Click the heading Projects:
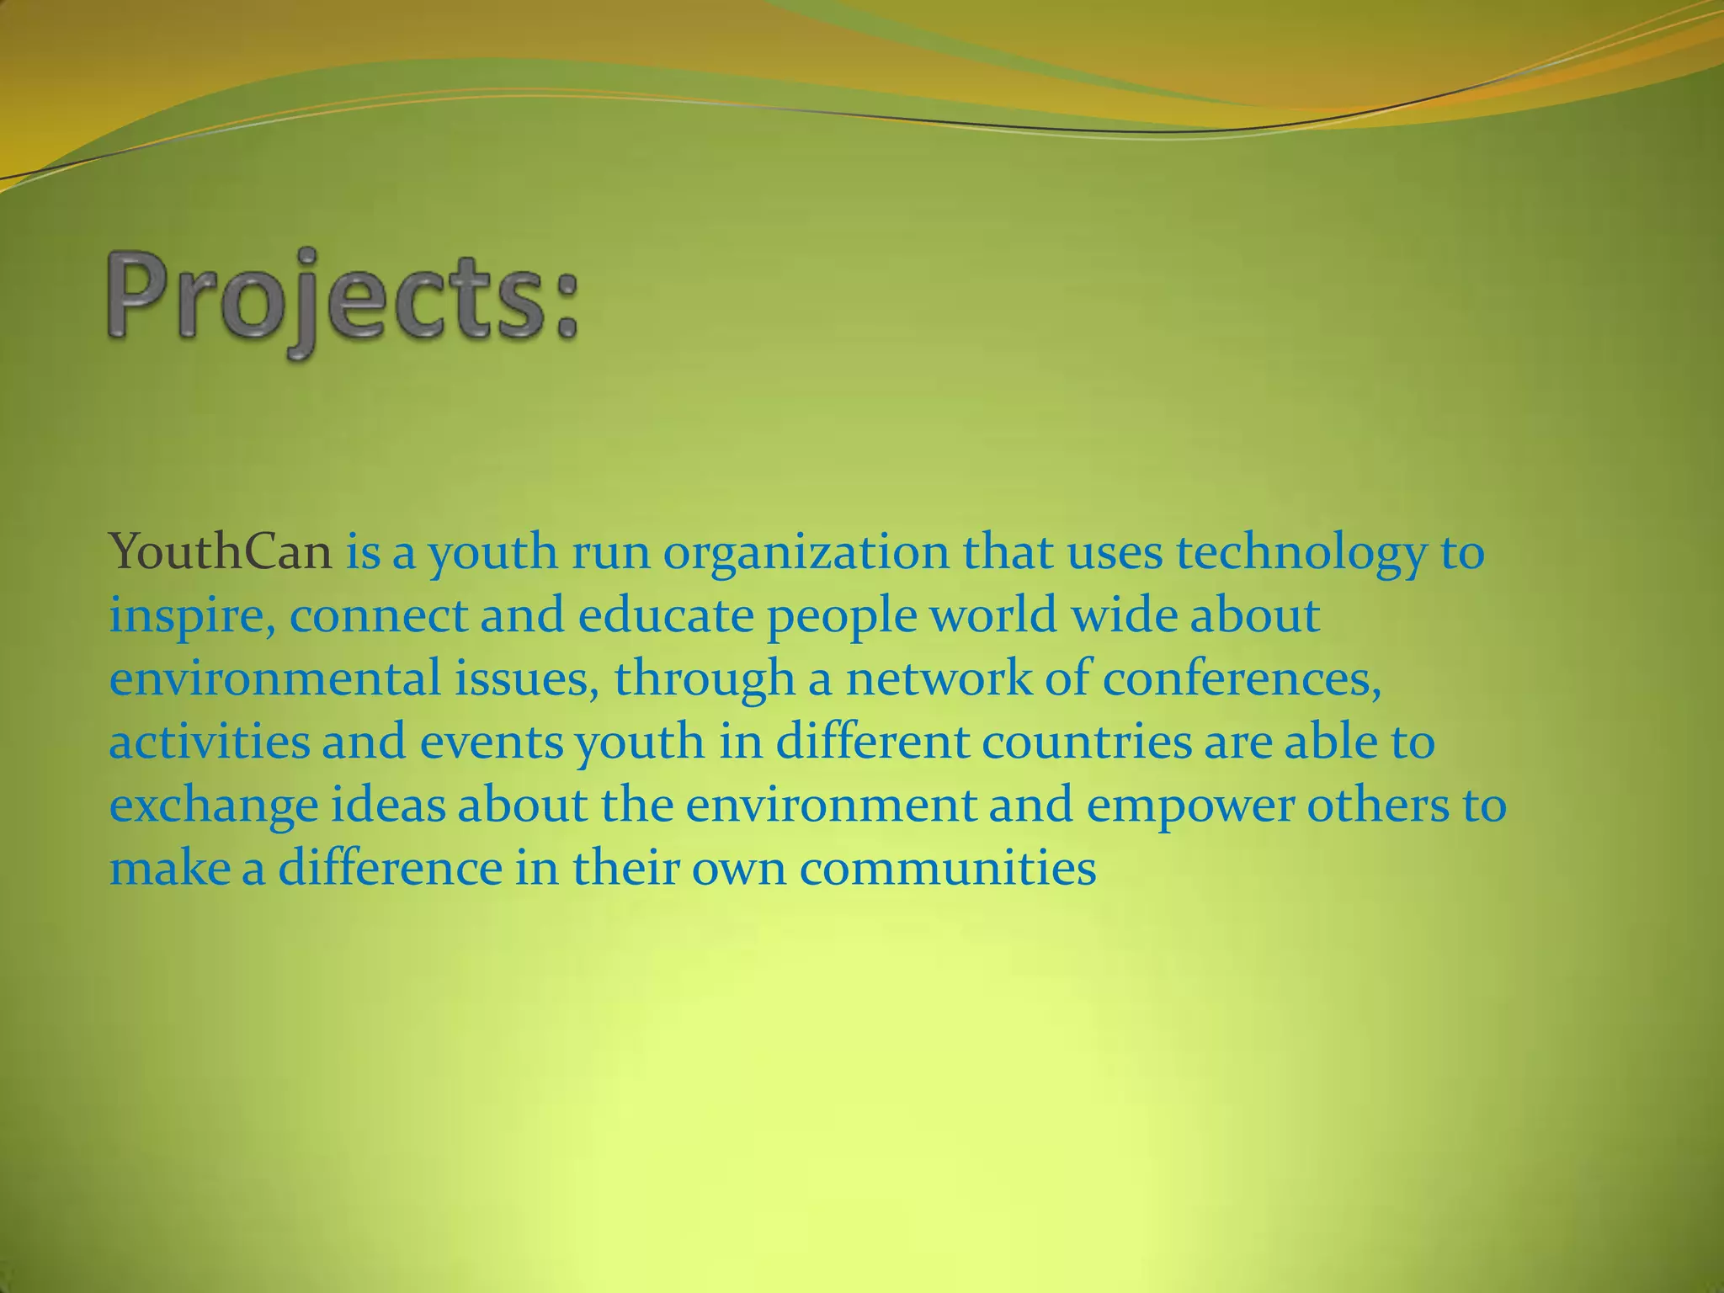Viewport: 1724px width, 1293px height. tap(343, 302)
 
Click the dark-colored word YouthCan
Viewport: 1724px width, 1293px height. tap(221, 553)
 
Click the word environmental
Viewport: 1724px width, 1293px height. tap(274, 679)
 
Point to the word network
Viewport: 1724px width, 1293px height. tap(938, 679)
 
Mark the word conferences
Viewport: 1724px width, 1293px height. tap(1242, 679)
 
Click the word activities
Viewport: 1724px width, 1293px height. tap(210, 742)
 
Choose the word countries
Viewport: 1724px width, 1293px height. tap(1086, 742)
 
